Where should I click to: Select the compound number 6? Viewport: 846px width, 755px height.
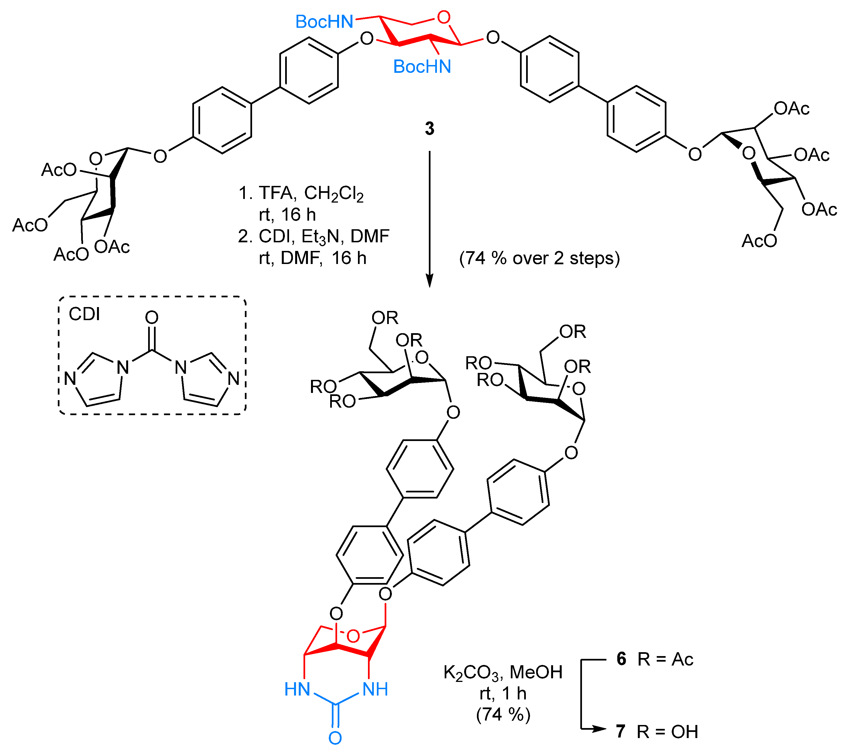point(621,659)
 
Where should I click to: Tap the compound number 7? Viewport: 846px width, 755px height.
point(621,731)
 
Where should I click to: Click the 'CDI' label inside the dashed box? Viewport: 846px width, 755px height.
point(84,314)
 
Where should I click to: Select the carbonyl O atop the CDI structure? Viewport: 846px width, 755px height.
point(152,318)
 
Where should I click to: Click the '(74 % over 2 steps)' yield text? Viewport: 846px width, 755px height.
point(539,258)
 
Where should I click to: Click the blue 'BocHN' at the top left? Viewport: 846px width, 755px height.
point(324,22)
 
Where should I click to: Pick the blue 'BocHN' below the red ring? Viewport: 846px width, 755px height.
point(422,66)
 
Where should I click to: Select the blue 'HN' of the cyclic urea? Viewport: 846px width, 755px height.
point(297,689)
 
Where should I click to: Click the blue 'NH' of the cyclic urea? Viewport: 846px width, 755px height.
point(375,689)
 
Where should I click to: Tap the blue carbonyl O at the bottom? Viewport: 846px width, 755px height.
point(335,738)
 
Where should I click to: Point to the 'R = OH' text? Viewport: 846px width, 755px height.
point(668,732)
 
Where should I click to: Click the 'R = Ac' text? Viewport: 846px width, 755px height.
point(665,659)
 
